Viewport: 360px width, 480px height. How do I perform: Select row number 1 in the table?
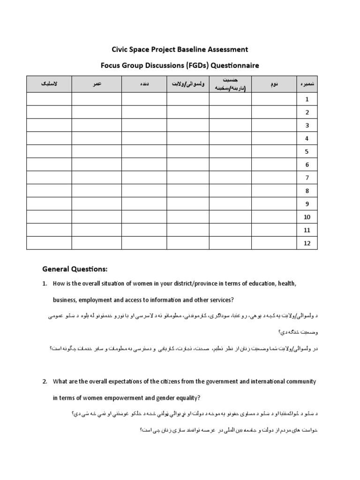tap(307, 99)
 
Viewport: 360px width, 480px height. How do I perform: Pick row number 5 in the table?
tap(307, 151)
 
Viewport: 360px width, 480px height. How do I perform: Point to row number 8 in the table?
tap(307, 191)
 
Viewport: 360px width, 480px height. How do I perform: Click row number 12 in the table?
tap(307, 243)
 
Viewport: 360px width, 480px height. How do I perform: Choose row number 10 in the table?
tap(307, 217)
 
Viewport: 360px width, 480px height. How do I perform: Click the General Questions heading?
tap(75, 269)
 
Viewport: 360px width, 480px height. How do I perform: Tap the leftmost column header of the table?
tap(49, 84)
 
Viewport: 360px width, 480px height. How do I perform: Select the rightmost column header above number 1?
tap(307, 84)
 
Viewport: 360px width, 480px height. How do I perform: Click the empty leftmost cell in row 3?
tap(49, 125)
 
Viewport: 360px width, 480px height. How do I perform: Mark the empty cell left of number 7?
tap(274, 178)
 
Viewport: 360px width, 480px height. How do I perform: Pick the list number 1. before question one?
tap(45, 284)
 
